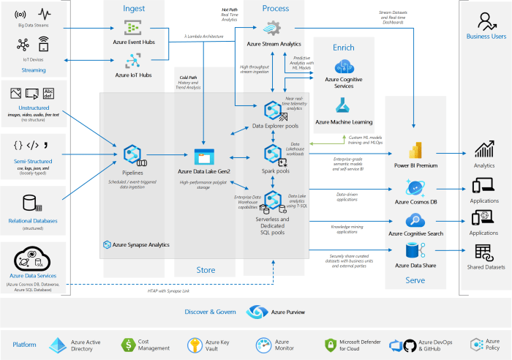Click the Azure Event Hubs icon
[133, 28]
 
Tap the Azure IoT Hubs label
[133, 75]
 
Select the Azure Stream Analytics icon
[273, 29]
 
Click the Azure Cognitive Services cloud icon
[343, 61]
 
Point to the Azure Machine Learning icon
[343, 105]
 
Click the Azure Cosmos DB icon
[415, 186]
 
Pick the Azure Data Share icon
[415, 251]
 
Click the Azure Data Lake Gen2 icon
[204, 155]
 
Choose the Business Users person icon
[486, 20]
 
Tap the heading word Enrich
[343, 47]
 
